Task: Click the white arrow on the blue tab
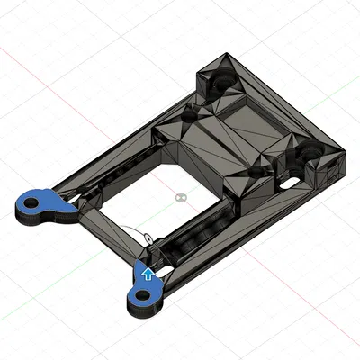147,274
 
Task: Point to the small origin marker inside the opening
181,195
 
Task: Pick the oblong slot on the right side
292,183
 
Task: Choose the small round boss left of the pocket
190,112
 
